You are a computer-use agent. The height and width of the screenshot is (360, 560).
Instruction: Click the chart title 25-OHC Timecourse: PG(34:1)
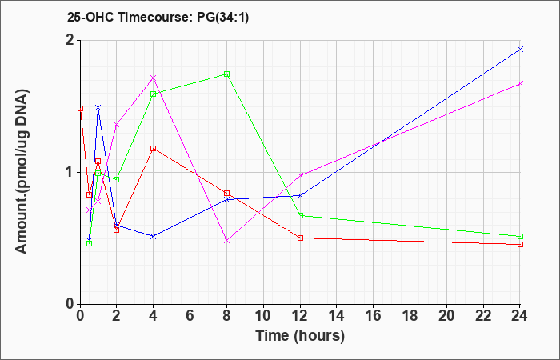tap(158, 18)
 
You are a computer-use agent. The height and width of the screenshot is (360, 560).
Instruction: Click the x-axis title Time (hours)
tap(300, 336)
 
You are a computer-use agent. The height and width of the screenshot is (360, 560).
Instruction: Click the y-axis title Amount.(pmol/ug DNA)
tap(22, 172)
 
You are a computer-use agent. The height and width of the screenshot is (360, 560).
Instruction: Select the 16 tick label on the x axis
tap(374, 316)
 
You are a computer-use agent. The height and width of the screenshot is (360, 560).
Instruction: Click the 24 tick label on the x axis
tap(520, 316)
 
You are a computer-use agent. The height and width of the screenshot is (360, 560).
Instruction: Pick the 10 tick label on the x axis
tap(263, 316)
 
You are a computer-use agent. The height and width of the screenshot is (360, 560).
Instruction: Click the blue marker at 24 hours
tap(520, 50)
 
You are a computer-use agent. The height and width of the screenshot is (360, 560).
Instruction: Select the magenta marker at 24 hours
tap(520, 83)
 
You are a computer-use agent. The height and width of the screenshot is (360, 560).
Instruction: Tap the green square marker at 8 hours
tap(226, 74)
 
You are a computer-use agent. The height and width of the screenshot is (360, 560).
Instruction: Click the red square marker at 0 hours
tap(80, 109)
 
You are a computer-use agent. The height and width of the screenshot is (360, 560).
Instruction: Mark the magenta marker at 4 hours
tap(154, 78)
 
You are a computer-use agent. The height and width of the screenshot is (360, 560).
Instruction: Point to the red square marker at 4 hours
tap(154, 148)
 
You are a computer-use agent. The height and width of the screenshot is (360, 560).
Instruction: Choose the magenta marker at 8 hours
tap(226, 241)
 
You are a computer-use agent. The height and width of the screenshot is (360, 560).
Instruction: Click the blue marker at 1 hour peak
tap(98, 107)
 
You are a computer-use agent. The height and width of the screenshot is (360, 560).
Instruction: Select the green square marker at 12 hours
tap(300, 216)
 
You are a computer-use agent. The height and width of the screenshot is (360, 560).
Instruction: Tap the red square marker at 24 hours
tap(520, 244)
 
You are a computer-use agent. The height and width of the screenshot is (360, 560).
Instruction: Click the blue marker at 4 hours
tap(154, 237)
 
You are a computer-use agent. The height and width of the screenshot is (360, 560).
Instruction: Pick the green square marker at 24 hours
tap(520, 237)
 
